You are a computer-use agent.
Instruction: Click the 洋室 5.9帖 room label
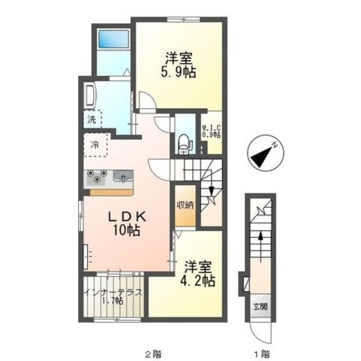pos(178,65)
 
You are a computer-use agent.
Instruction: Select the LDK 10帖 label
pos(127,223)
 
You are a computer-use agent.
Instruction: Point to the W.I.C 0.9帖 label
pos(212,131)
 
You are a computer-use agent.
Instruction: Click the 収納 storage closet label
pos(185,205)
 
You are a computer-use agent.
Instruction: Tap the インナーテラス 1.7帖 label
pos(113,297)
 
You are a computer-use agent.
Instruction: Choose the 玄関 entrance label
pos(261,306)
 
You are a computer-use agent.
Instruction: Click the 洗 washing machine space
pos(92,119)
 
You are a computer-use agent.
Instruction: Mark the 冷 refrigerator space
pos(95,145)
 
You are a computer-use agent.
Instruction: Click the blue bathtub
pos(113,39)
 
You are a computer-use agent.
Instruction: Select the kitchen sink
pos(123,177)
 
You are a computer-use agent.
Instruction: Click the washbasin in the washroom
pos(90,95)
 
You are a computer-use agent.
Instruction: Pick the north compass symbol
pos(265,153)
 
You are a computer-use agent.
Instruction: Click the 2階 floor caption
pos(153,354)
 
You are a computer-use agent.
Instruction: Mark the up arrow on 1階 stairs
pos(261,247)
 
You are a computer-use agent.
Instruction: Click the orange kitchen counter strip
pos(112,193)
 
